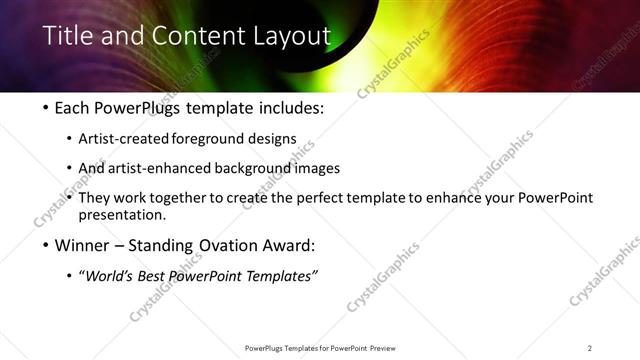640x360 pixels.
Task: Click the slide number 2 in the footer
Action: (x=590, y=348)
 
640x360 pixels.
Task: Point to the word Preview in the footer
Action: (x=389, y=348)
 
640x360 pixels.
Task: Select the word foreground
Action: (x=223, y=138)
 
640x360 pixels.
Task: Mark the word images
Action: (x=321, y=168)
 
